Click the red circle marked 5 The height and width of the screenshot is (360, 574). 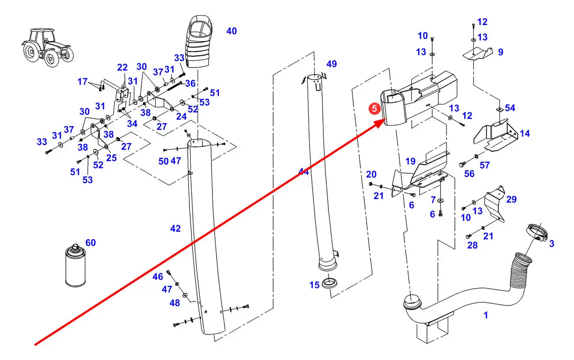(374, 109)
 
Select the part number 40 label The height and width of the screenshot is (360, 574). (232, 31)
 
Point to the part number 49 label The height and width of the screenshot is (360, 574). (331, 64)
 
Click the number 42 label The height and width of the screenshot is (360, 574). (175, 228)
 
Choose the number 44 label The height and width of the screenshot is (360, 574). (303, 172)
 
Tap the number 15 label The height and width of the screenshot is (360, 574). (314, 285)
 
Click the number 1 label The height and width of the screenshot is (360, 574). (486, 315)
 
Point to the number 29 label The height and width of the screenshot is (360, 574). (511, 199)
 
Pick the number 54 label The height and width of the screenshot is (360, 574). (510, 107)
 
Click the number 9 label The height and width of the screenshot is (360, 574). (500, 52)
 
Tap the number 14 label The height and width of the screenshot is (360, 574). (525, 133)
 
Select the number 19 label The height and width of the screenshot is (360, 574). (410, 162)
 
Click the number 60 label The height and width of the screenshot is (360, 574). (90, 243)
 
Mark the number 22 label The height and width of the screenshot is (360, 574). (122, 67)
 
